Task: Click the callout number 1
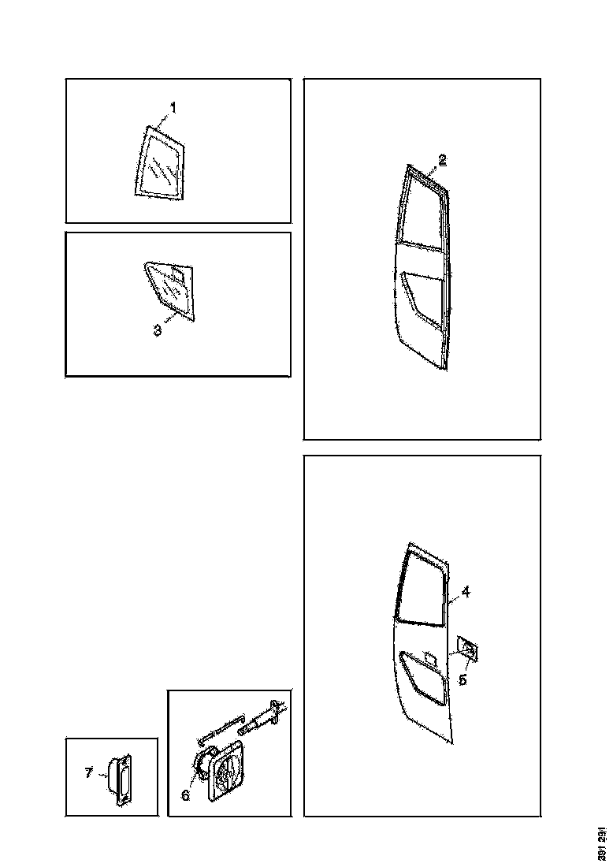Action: (x=173, y=107)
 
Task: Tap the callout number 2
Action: (x=443, y=160)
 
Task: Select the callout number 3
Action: (x=158, y=331)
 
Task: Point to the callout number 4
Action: (x=466, y=592)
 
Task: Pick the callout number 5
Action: (x=463, y=679)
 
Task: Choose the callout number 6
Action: (x=186, y=795)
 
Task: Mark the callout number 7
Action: (x=89, y=772)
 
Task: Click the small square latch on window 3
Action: (x=179, y=273)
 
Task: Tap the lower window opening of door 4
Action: (x=423, y=678)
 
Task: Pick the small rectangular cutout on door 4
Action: (x=429, y=656)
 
